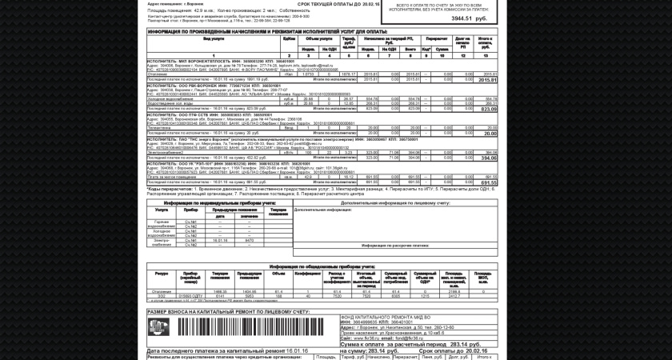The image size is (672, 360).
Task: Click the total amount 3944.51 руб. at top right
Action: point(468,18)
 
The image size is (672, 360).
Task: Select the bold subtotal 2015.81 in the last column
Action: point(486,80)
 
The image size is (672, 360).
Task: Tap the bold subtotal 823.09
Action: point(488,109)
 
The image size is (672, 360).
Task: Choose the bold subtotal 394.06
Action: point(488,158)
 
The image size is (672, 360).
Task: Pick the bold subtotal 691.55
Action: point(488,182)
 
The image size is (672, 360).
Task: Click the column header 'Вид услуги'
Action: point(214,38)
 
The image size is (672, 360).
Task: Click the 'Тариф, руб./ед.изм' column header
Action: point(348,42)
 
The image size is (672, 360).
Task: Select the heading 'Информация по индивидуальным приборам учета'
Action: point(218,202)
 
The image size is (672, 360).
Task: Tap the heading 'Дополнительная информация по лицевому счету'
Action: point(395,202)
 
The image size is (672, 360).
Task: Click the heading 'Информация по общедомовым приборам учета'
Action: point(322,266)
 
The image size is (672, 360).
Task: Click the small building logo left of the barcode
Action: point(158,327)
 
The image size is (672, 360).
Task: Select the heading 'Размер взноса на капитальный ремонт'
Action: point(227,311)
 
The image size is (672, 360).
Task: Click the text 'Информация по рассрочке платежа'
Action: point(395,246)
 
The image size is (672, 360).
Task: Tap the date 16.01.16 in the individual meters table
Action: point(221,240)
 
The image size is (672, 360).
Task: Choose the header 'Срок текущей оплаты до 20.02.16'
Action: point(338,4)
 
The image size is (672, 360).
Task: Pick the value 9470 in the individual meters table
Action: point(250,240)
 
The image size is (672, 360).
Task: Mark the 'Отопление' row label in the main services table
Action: point(158,74)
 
